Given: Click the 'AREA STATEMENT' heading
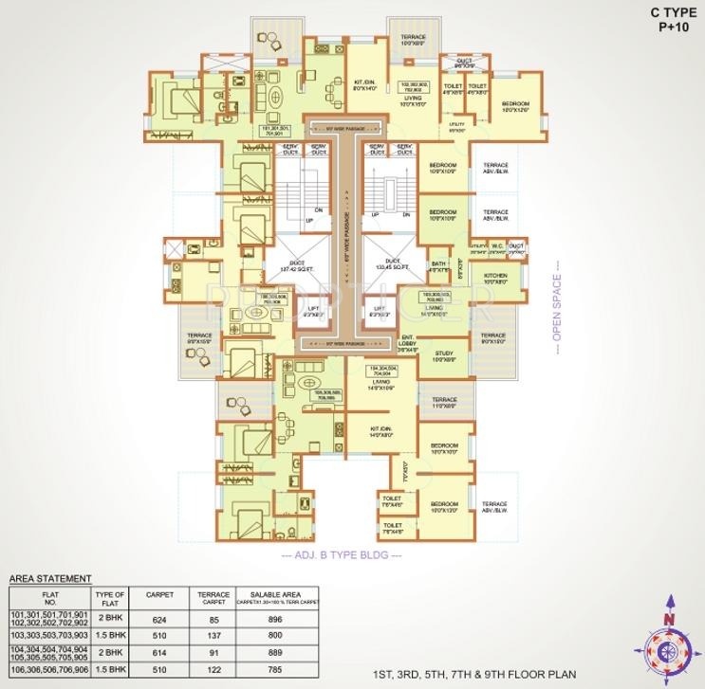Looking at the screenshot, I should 50,577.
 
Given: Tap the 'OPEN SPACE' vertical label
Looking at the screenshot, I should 558,307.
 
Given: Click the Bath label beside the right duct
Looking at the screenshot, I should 437,266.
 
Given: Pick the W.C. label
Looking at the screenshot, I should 496,248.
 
